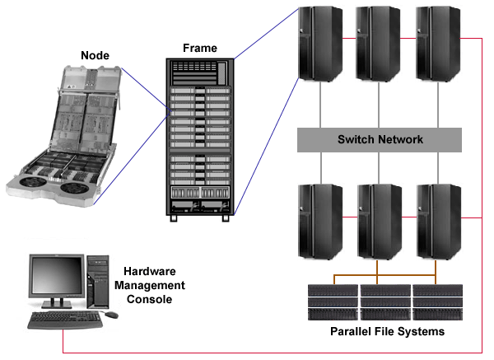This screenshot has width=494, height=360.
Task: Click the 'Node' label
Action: point(95,55)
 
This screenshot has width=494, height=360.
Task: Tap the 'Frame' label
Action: point(201,48)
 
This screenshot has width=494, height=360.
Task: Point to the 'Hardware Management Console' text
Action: point(154,285)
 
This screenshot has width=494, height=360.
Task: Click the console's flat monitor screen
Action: point(56,277)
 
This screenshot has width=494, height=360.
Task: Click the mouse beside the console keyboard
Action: point(110,315)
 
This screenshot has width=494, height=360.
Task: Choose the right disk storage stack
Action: point(437,302)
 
